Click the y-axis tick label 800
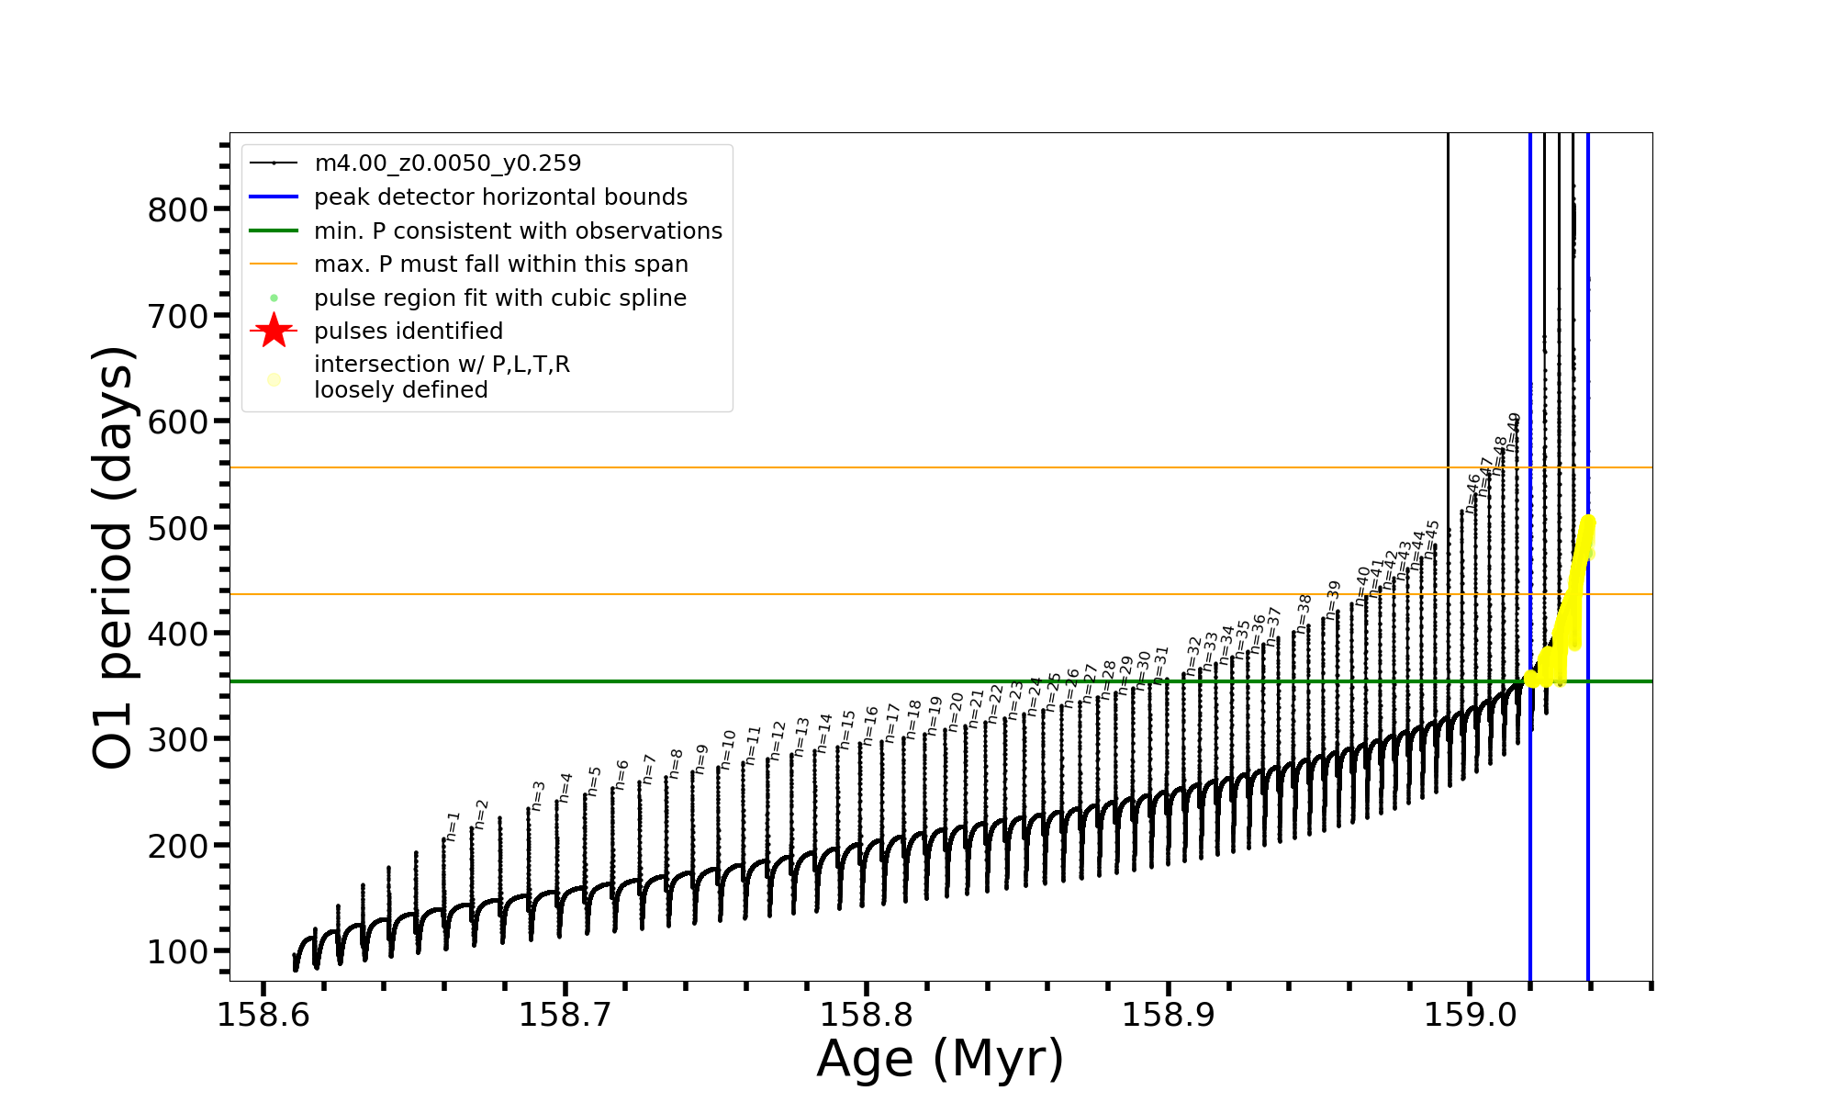(178, 210)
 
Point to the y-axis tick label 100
(178, 952)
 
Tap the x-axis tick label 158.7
(565, 1015)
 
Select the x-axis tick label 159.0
(1470, 1015)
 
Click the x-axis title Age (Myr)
(940, 1059)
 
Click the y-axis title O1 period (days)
(114, 557)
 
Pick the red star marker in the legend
(274, 331)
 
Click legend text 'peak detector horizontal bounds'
(500, 197)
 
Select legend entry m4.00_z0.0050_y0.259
(447, 163)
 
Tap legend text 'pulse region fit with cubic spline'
(499, 298)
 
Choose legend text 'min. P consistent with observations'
(518, 231)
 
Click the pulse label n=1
(453, 826)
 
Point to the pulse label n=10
(728, 749)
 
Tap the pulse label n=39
(1333, 600)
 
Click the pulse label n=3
(538, 795)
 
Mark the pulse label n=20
(956, 712)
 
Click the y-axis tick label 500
(178, 528)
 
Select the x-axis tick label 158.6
(263, 1015)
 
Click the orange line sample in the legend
(274, 264)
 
